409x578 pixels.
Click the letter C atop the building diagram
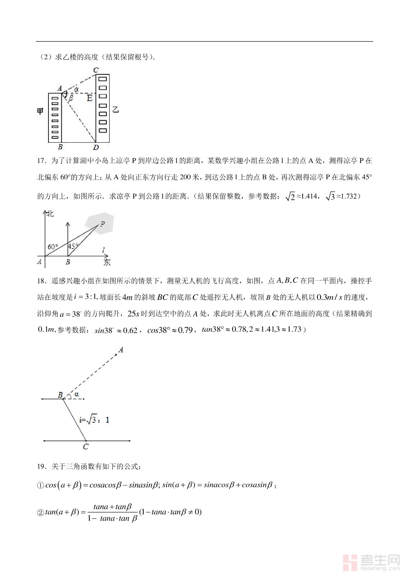coord(96,70)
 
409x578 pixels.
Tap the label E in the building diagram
coord(89,98)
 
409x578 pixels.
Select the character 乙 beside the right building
coord(115,109)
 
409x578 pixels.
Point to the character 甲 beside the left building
coord(40,111)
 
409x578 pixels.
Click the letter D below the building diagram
coord(96,147)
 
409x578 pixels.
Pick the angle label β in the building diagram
coord(71,98)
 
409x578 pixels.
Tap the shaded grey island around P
coord(99,223)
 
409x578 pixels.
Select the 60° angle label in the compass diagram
coord(52,247)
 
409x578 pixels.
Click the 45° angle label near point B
coord(73,246)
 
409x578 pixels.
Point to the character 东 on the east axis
coord(107,262)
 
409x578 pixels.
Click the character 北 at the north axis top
coord(50,214)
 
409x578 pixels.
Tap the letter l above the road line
coord(103,250)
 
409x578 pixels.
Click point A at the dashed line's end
coord(120,350)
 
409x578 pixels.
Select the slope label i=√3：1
coord(94,420)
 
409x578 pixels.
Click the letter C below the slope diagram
coord(86,447)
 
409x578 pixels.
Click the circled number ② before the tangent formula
coord(41,513)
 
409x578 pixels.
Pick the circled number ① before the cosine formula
coord(41,486)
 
